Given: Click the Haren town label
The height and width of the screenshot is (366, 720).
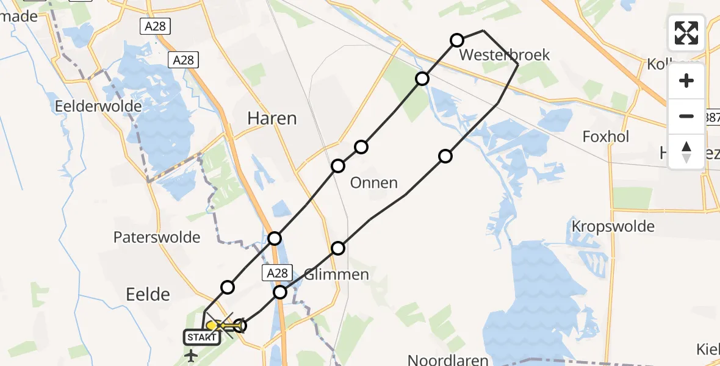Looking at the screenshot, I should coord(272,118).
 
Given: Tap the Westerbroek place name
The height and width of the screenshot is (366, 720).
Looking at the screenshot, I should coord(505,55).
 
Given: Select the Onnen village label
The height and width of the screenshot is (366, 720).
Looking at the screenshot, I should coord(374,182).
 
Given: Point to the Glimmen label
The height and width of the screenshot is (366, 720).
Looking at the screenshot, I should coord(336,274).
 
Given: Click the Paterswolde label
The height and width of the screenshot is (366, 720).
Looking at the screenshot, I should coord(157,237).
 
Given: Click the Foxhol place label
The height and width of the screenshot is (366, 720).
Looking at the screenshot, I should coord(605,137).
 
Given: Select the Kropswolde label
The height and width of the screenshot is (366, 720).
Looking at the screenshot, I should coord(613,227).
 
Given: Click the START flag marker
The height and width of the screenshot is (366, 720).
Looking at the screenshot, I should coord(201,337).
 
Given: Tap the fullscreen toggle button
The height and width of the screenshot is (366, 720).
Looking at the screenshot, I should coord(686,33).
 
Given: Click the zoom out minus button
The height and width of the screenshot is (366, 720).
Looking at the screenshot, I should coord(686,116).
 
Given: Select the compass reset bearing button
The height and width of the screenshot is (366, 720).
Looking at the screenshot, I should coord(686,152).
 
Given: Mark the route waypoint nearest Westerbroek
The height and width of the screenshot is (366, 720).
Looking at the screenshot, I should coord(457,40).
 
